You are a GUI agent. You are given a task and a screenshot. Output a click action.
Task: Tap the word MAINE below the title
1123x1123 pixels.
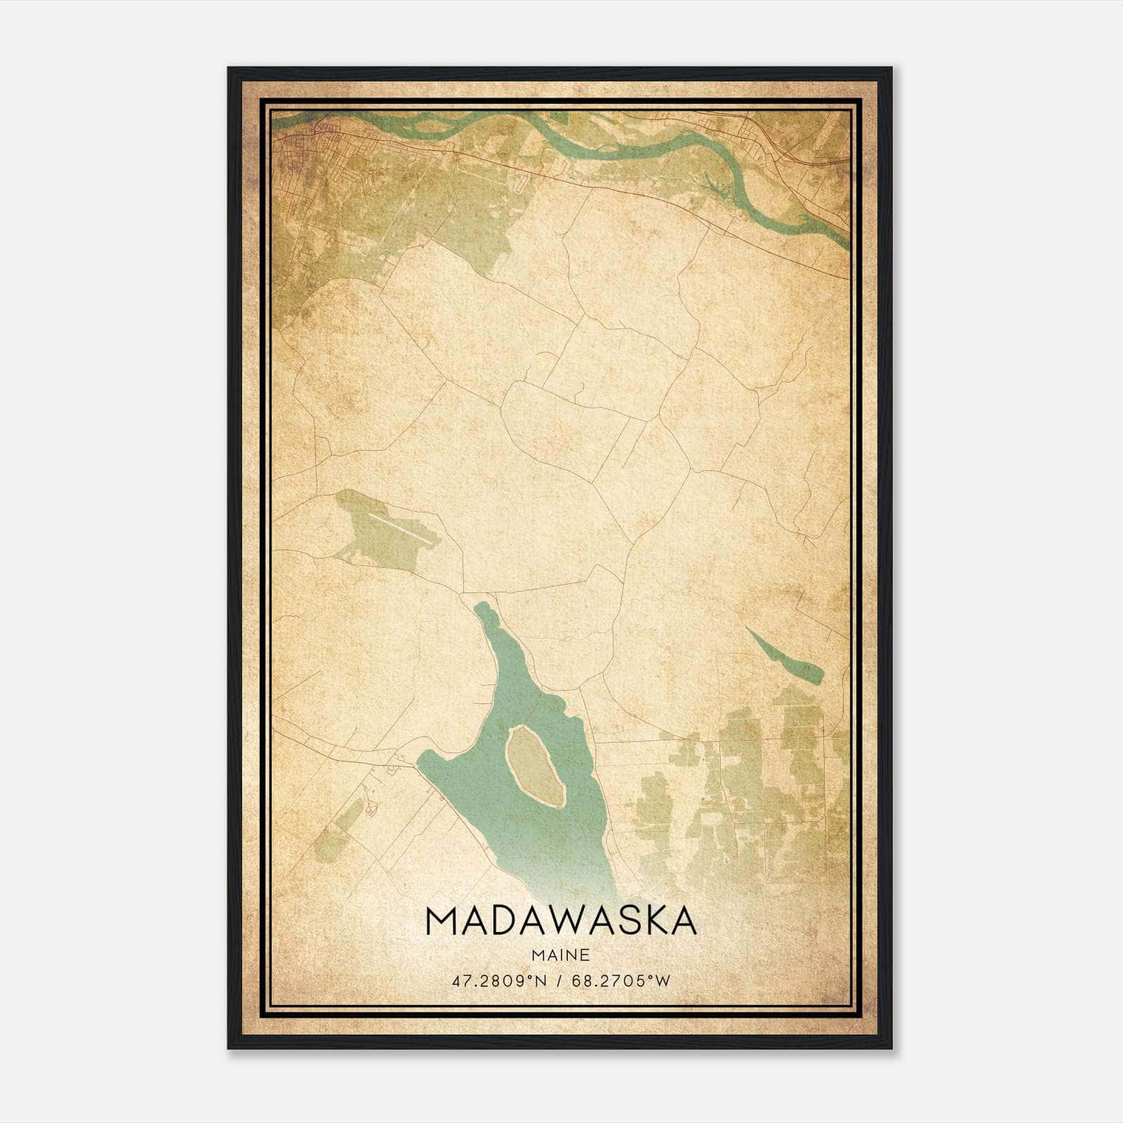pos(560,955)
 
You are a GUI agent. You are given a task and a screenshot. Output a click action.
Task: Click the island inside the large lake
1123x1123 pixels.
pos(535,766)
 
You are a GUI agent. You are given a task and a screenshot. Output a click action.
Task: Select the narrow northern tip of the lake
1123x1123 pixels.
pos(482,610)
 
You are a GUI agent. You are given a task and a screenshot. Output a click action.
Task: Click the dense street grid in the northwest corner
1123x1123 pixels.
pos(298,151)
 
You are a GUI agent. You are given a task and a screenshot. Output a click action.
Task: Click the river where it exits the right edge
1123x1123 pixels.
pos(842,239)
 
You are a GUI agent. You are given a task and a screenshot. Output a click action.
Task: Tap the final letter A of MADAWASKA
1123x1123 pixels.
pos(682,921)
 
